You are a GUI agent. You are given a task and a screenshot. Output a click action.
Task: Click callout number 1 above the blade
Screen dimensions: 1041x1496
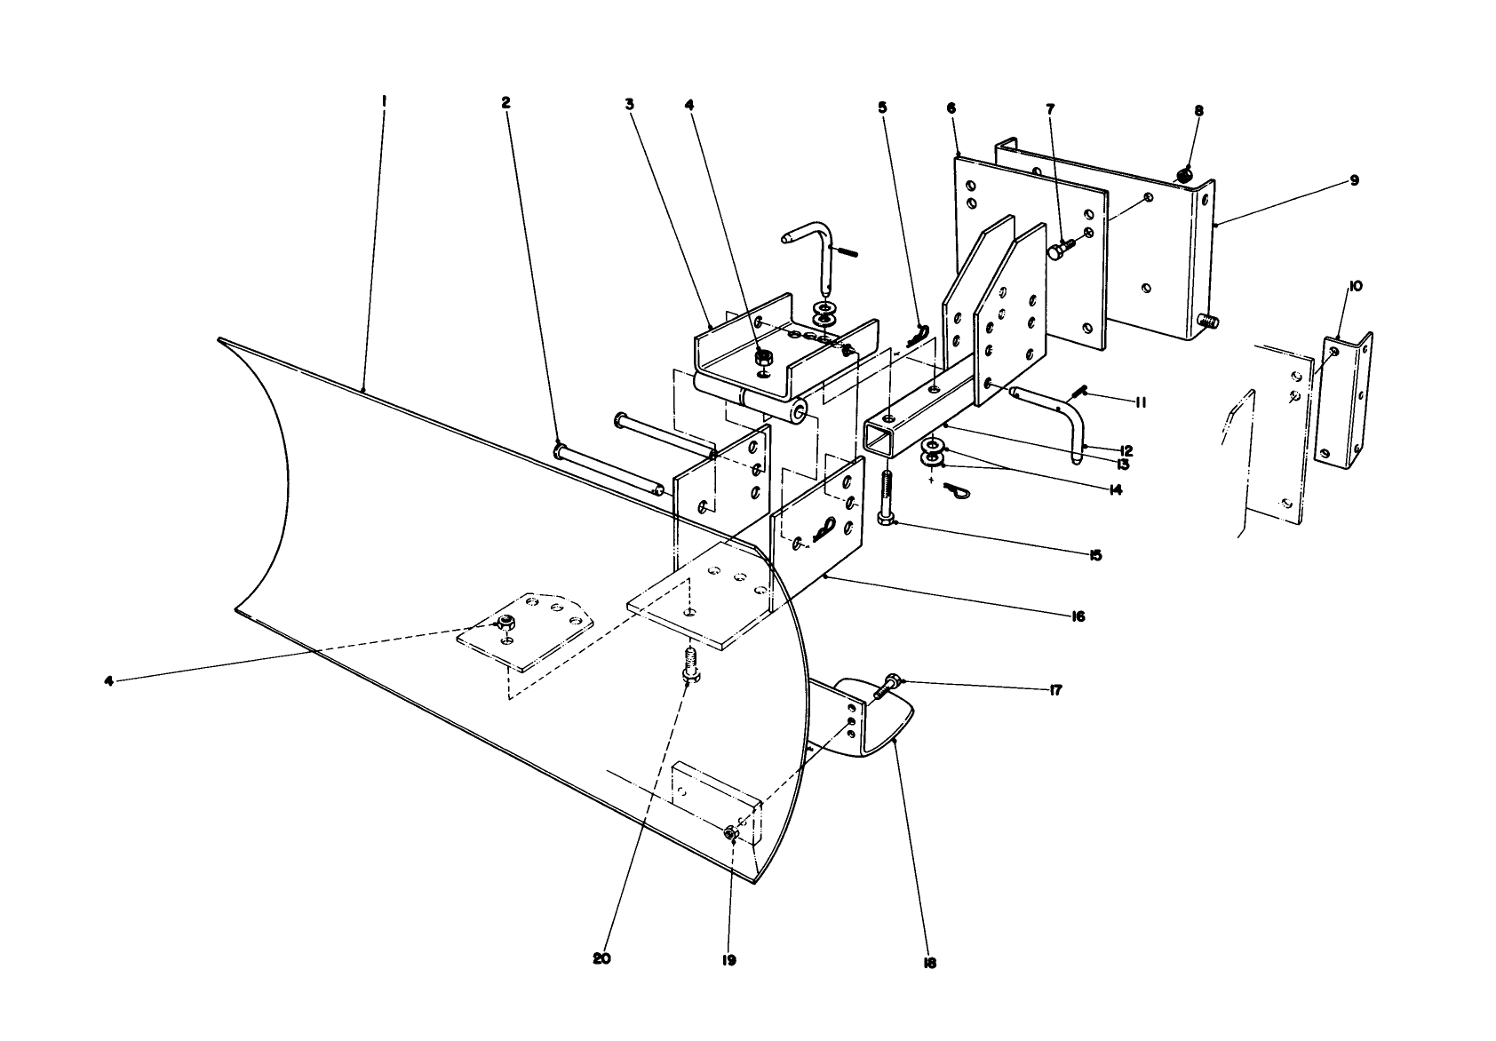[x=383, y=101]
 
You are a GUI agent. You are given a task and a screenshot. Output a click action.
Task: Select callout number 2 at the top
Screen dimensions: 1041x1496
[x=505, y=102]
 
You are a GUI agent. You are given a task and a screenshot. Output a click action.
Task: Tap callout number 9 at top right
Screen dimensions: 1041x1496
[x=1355, y=180]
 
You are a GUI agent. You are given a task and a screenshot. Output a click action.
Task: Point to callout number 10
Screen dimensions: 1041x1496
[x=1356, y=286]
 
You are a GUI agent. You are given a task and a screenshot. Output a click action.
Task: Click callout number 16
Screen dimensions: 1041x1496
[x=1078, y=616]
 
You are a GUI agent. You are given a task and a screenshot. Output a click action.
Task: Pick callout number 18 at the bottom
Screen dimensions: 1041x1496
[x=930, y=963]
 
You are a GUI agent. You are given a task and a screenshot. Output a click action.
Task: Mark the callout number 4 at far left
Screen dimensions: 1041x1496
[x=108, y=681]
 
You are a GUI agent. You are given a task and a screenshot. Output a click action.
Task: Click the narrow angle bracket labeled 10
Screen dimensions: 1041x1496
[x=1341, y=400]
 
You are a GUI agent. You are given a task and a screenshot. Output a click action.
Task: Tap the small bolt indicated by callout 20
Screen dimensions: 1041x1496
[x=688, y=666]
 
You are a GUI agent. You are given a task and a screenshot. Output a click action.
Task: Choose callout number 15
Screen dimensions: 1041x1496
[x=1094, y=555]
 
